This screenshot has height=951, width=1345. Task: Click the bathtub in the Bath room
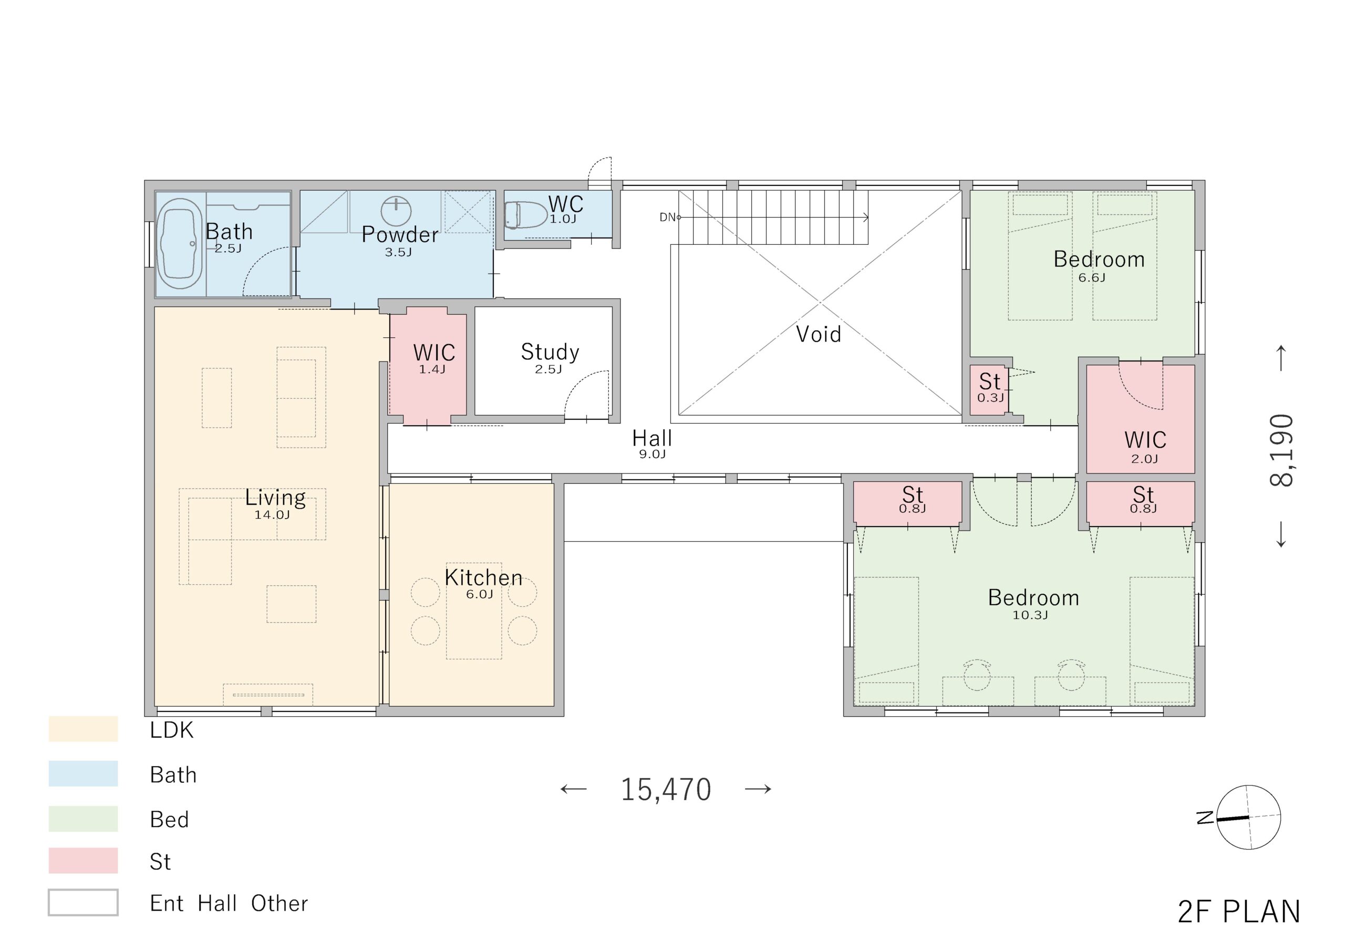point(180,244)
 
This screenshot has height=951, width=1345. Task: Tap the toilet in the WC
point(525,215)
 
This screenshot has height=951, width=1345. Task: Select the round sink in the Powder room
point(396,211)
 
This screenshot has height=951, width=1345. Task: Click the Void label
point(819,334)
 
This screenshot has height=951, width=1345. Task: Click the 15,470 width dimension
point(666,789)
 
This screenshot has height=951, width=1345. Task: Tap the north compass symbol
point(1248,817)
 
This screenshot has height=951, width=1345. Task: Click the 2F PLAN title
point(1239,912)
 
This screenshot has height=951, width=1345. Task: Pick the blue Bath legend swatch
point(83,773)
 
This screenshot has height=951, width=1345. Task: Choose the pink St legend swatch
point(83,860)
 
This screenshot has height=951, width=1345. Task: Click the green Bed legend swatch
point(83,819)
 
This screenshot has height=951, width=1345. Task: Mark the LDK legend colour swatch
point(83,729)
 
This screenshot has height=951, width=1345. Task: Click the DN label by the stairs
point(668,218)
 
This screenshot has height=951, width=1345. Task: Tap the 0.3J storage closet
point(989,390)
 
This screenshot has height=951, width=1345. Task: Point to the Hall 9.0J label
point(652,443)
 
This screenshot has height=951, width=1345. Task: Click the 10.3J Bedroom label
point(1033,603)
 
